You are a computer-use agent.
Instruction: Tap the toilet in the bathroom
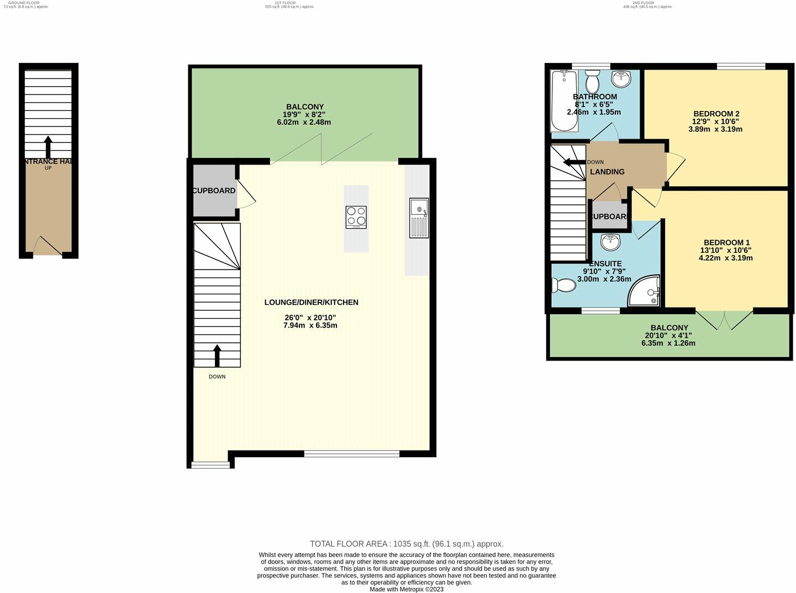[x=592, y=82]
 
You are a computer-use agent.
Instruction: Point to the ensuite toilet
[x=563, y=285]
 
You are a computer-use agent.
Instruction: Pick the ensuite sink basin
[x=611, y=241]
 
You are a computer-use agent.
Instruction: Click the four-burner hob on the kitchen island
[x=356, y=217]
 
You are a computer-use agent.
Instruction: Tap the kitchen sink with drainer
[x=419, y=218]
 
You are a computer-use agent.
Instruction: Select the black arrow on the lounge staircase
[x=217, y=356]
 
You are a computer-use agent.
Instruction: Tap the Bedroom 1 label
[x=726, y=242]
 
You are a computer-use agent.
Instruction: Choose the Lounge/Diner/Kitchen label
[x=312, y=302]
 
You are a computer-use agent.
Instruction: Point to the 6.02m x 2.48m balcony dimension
[x=304, y=122]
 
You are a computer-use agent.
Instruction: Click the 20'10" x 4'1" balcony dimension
[x=670, y=335]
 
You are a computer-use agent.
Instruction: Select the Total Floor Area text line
[x=407, y=544]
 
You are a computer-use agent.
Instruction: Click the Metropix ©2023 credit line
[x=407, y=589]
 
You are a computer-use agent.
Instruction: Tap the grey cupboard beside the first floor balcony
[x=214, y=190]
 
